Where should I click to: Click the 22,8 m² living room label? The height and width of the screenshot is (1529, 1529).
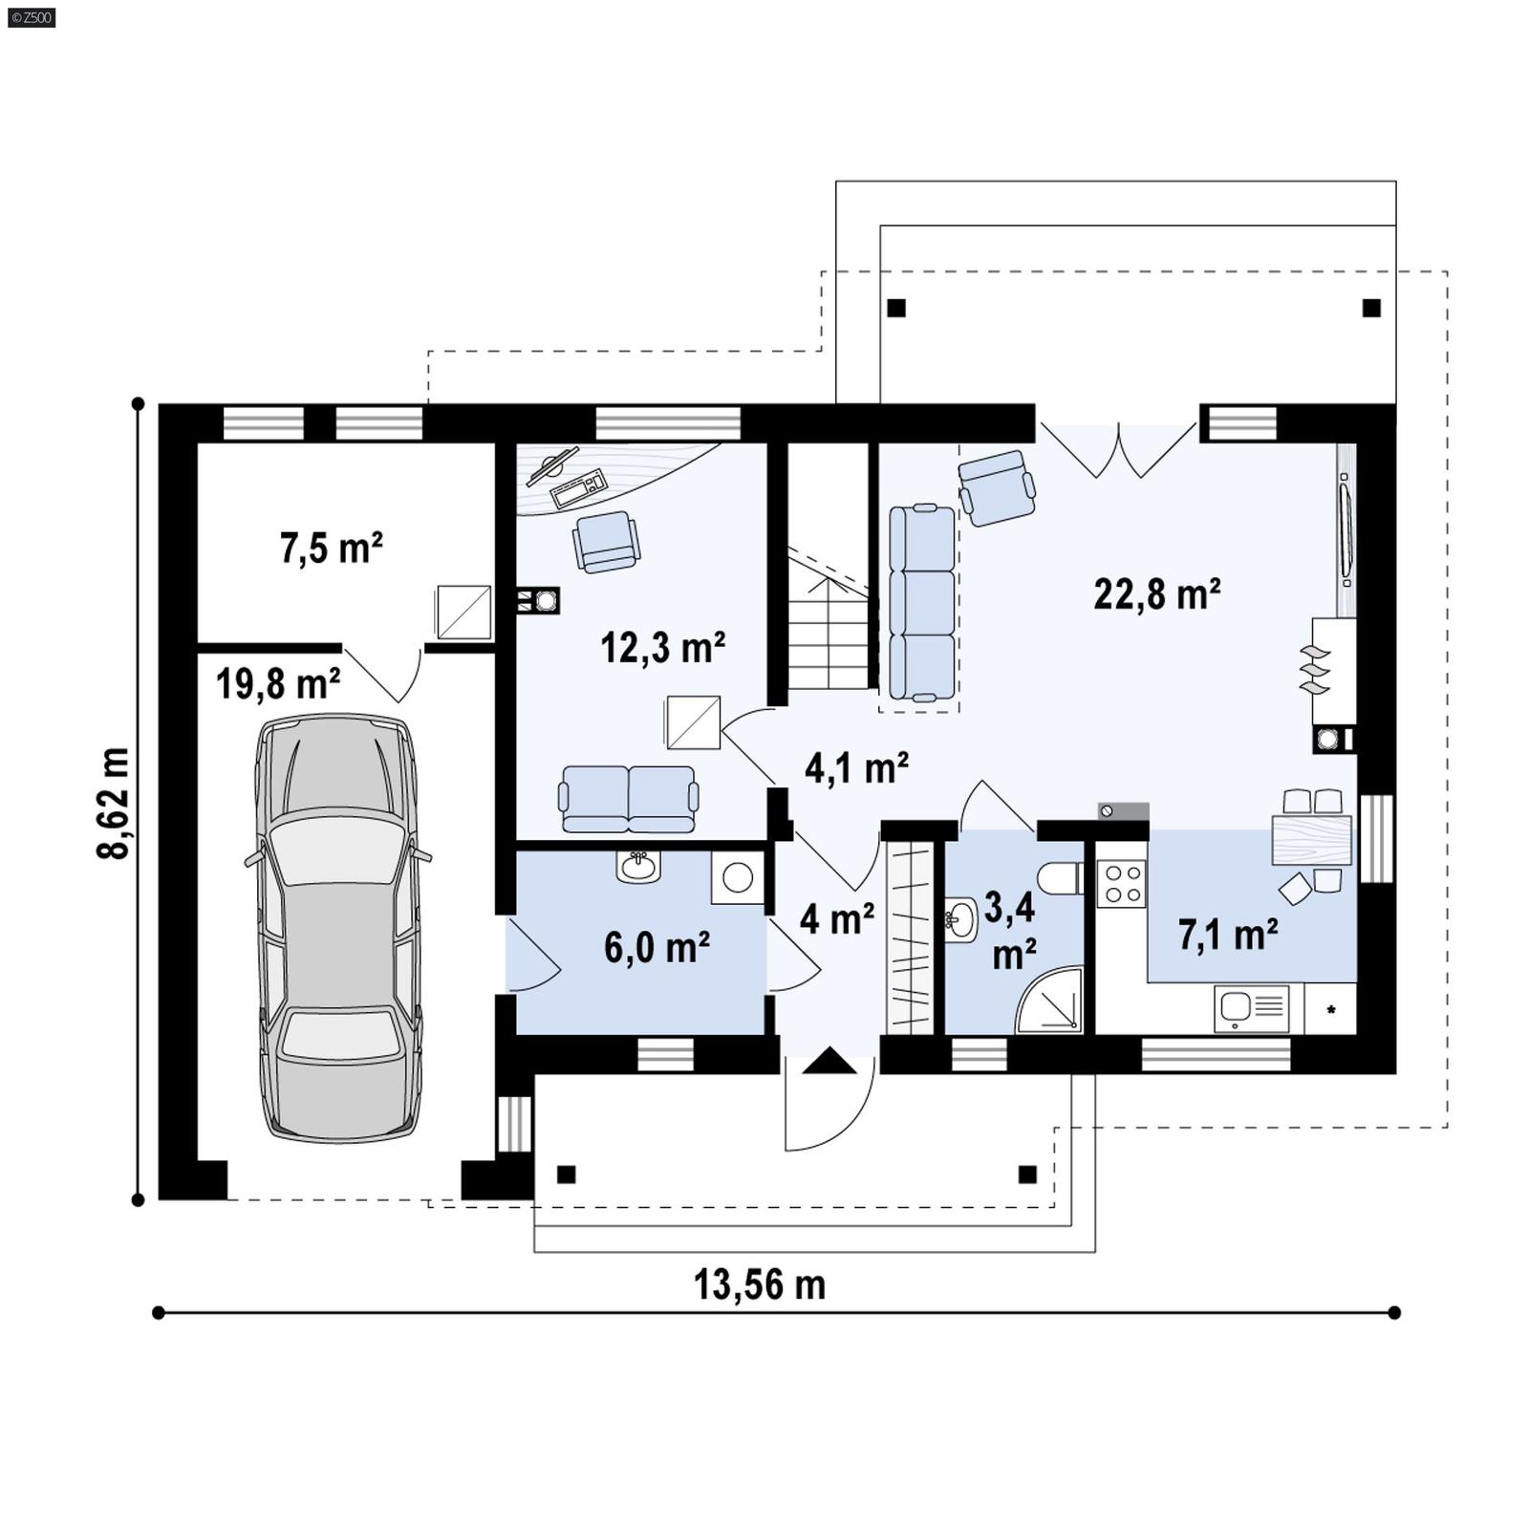tap(1156, 594)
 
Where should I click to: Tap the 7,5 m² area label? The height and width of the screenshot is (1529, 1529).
tap(331, 549)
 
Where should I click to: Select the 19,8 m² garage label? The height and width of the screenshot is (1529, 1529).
tap(277, 684)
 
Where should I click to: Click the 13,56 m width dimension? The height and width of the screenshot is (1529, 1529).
tap(760, 1285)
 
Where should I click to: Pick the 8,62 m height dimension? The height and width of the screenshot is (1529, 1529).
tap(113, 803)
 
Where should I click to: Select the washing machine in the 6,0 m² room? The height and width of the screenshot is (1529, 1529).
tap(737, 877)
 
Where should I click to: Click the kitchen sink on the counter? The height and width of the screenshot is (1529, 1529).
tap(1237, 1007)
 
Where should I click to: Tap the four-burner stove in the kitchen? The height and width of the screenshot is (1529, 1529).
tap(1121, 883)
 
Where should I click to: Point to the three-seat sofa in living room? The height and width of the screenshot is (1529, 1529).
tap(921, 603)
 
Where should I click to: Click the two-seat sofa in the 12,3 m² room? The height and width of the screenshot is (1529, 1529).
tap(628, 798)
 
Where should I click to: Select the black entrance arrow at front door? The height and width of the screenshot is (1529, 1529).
tap(829, 1061)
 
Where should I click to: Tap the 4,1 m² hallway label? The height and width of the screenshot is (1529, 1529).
tap(855, 767)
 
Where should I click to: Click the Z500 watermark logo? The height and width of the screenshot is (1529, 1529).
tap(31, 17)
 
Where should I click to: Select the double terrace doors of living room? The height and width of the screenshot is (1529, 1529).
tap(1118, 449)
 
